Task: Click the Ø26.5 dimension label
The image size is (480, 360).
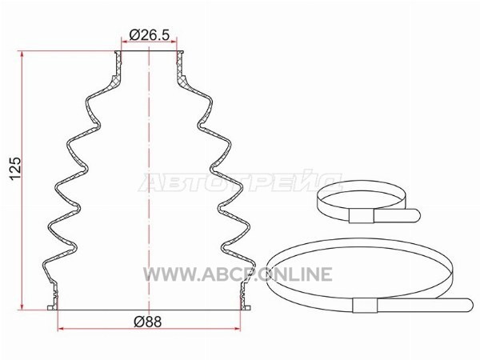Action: pyautogui.click(x=149, y=34)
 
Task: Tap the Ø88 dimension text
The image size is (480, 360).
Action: pyautogui.click(x=147, y=322)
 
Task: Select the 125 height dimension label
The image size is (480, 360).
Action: pyautogui.click(x=15, y=169)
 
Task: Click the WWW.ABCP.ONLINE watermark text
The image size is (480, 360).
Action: pyautogui.click(x=238, y=274)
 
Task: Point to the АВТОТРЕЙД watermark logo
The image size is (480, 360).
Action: pyautogui.click(x=240, y=182)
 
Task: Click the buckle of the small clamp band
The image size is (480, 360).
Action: pyautogui.click(x=362, y=217)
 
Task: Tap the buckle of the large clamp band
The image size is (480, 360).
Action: pyautogui.click(x=365, y=305)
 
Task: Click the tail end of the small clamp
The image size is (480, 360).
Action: pyautogui.click(x=414, y=215)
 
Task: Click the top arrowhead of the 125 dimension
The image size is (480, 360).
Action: pyautogui.click(x=22, y=54)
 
